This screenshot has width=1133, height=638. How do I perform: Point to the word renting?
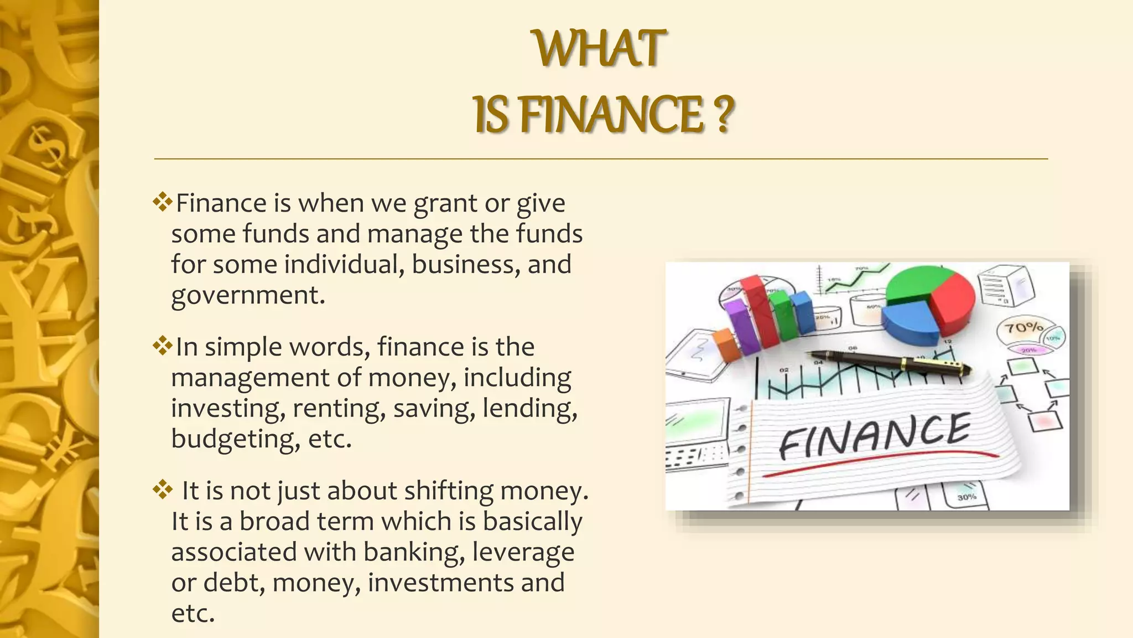pyautogui.click(x=338, y=408)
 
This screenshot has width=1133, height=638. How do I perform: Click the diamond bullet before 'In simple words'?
pyautogui.click(x=162, y=346)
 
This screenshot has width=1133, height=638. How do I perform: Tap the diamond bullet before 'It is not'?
pyautogui.click(x=162, y=490)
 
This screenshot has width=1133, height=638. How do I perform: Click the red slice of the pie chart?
pyautogui.click(x=952, y=302)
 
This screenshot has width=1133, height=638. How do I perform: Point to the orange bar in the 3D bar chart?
pyautogui.click(x=726, y=344)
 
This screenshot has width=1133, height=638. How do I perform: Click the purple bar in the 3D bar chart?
pyautogui.click(x=742, y=327)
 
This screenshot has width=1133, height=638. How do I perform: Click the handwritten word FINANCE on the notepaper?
pyautogui.click(x=874, y=435)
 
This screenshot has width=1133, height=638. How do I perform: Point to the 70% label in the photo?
pyautogui.click(x=1023, y=328)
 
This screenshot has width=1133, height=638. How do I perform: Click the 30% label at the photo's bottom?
pyautogui.click(x=966, y=497)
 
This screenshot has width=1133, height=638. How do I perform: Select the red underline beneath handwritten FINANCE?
pyautogui.click(x=880, y=464)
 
